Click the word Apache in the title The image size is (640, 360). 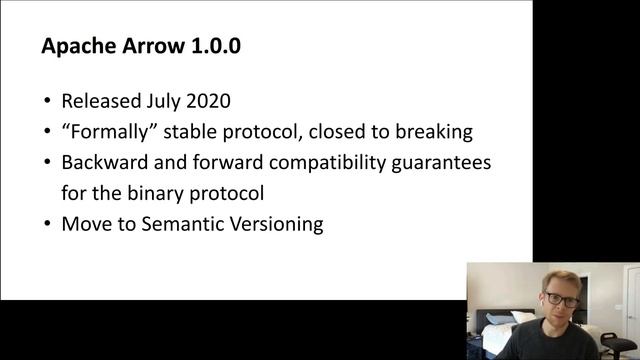78,46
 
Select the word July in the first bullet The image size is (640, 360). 171,101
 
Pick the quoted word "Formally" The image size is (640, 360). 111,131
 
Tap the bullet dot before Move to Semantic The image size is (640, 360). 48,223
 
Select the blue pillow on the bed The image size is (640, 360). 501,319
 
